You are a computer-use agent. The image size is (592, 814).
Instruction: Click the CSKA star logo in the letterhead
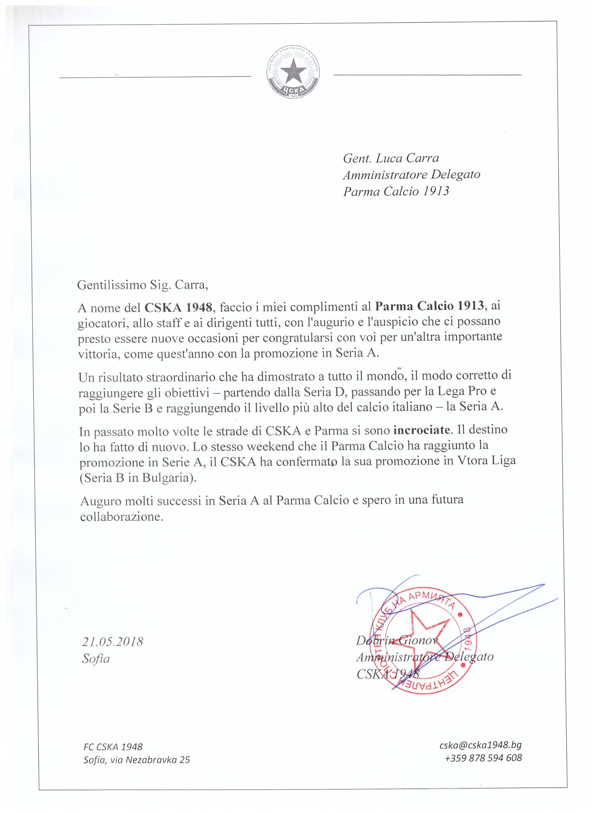click(293, 74)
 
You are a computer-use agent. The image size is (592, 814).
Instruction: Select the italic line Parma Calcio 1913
click(396, 191)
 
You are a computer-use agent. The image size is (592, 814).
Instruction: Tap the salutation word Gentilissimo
click(111, 285)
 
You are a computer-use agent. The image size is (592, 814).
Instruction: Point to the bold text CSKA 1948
click(178, 306)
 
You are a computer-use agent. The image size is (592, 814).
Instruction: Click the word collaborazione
click(121, 517)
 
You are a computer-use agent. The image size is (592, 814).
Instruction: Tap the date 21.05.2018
click(113, 642)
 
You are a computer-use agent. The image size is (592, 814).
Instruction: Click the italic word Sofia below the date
click(96, 659)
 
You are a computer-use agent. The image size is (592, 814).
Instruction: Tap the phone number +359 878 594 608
click(483, 758)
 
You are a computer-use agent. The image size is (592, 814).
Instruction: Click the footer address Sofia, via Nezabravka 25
click(136, 760)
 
